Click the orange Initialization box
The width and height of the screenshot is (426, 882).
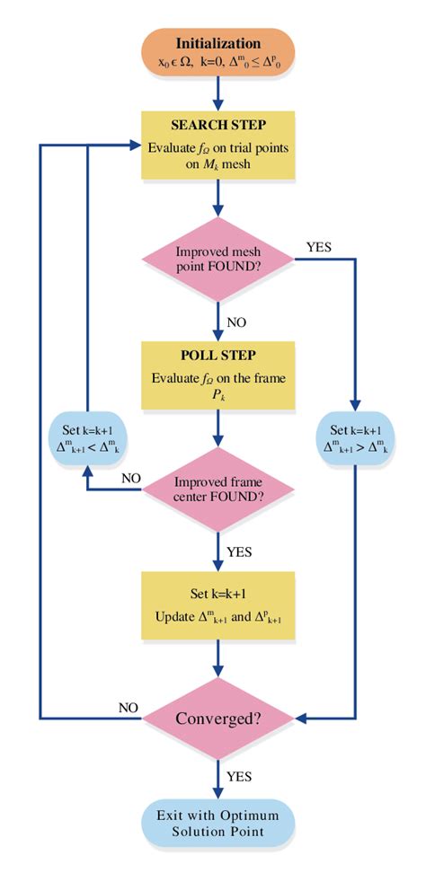219,54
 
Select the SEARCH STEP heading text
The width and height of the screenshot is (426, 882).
219,126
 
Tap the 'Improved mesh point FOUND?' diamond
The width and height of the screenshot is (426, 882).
219,259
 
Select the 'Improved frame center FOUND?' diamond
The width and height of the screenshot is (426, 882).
219,488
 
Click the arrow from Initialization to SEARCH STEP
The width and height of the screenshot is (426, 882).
219,95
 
